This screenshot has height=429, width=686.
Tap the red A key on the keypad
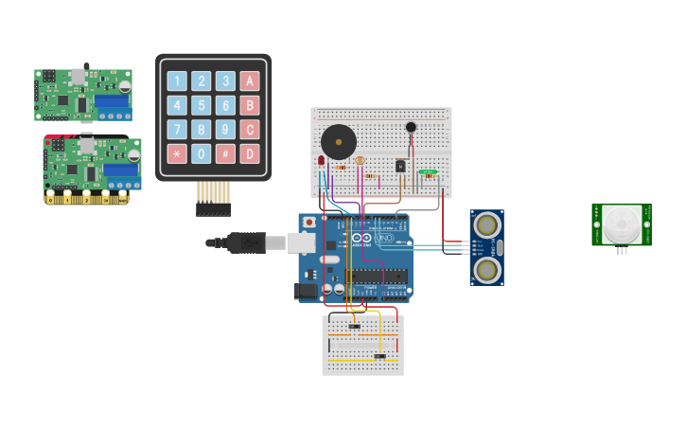[x=250, y=80]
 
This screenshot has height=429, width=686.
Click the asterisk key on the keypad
[x=177, y=153]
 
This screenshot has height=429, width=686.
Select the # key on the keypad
[x=225, y=153]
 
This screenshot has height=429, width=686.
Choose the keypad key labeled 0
[x=201, y=153]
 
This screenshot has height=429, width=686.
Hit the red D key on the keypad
[x=250, y=153]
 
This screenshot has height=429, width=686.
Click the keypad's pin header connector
[x=213, y=199]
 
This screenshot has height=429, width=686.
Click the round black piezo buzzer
[x=338, y=142]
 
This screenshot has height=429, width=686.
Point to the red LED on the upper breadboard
[x=321, y=161]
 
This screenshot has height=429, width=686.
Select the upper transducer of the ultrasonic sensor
[x=486, y=225]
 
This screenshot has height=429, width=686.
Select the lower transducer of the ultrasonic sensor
[x=486, y=270]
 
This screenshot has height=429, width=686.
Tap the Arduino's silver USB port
[x=301, y=242]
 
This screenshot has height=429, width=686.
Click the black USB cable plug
[x=244, y=242]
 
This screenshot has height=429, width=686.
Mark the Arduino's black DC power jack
[x=306, y=291]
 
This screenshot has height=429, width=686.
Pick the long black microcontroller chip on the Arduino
[x=377, y=276]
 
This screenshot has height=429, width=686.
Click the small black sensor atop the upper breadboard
[x=411, y=127]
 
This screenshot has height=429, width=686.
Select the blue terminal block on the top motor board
[x=111, y=100]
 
